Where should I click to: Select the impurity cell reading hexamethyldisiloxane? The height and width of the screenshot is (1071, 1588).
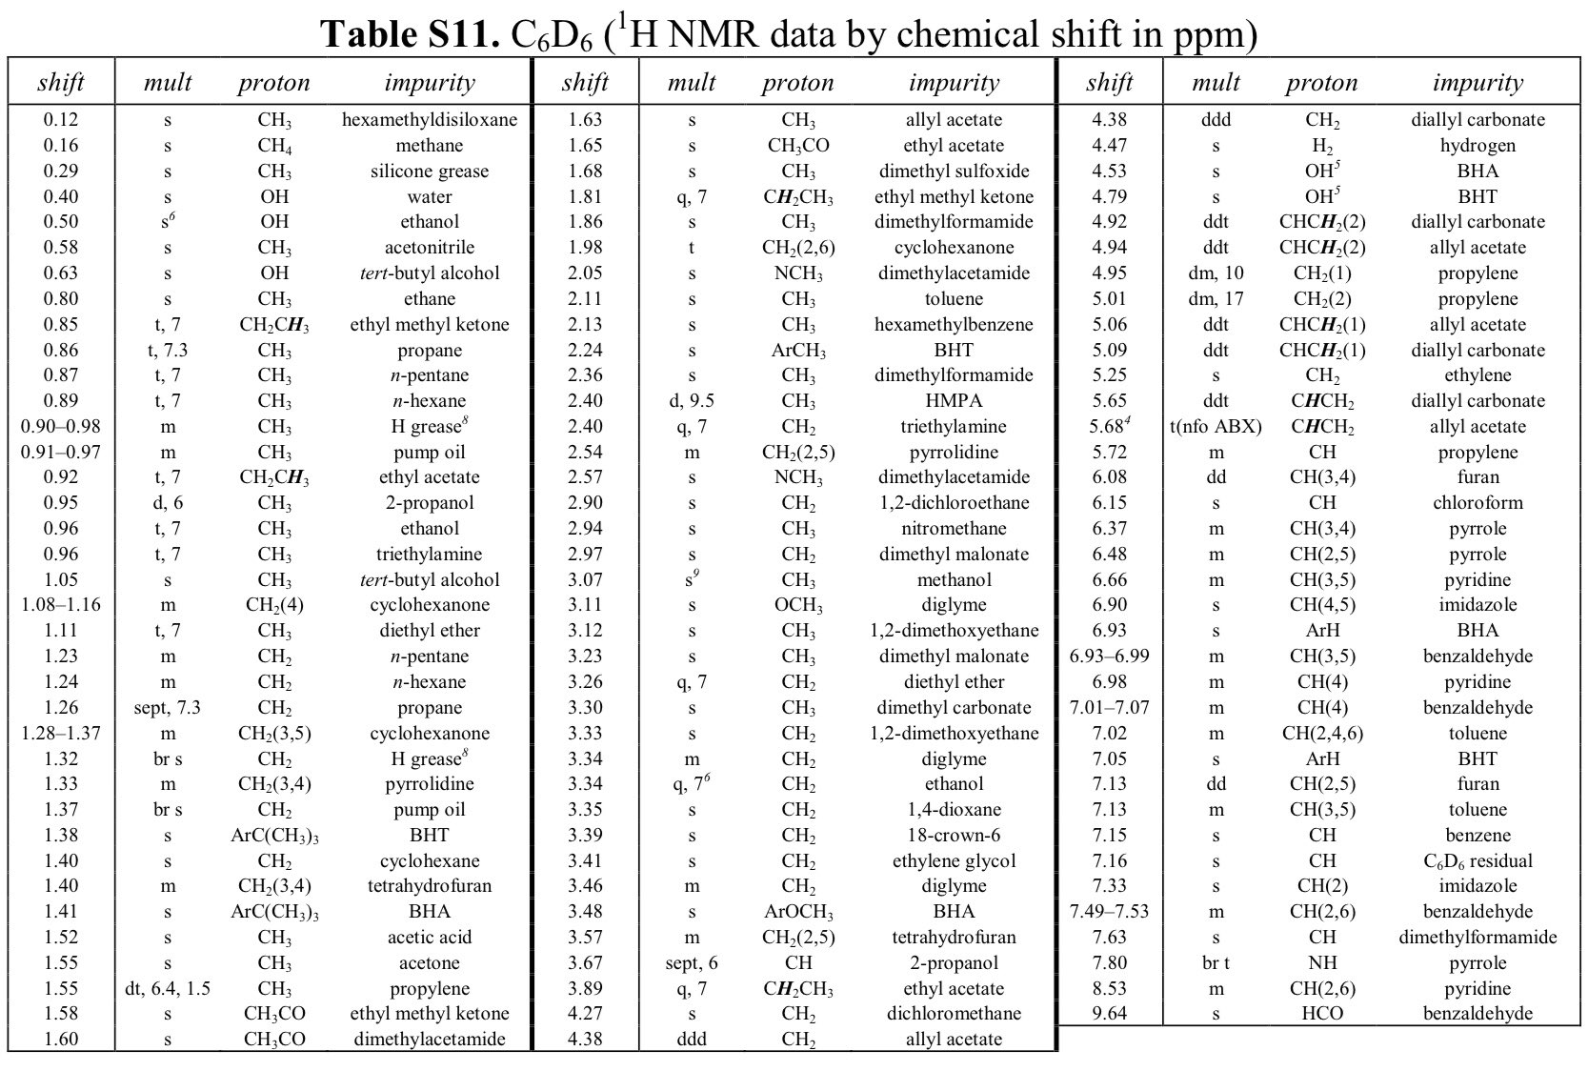click(430, 120)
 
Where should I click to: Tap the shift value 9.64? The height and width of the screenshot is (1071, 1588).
click(1109, 1014)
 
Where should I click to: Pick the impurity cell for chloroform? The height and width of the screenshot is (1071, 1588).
click(1477, 503)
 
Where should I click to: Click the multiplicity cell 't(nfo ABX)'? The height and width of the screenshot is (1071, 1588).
click(1216, 427)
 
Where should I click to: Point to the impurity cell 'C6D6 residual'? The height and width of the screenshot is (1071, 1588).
click(1477, 861)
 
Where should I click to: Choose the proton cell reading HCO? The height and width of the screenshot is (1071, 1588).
click(1322, 1014)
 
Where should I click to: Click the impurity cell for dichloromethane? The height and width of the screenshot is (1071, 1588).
click(954, 1014)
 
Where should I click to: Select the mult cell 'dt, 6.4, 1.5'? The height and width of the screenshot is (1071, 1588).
click(168, 988)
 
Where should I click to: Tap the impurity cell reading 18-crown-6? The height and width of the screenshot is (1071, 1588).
click(954, 836)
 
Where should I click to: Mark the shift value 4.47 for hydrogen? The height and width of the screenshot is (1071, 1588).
click(1109, 146)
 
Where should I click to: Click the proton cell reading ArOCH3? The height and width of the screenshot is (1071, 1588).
click(798, 912)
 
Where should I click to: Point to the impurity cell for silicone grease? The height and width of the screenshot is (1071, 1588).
click(430, 172)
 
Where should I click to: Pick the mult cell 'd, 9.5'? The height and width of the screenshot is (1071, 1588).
click(692, 401)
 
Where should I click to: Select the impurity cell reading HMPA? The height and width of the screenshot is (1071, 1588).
click(954, 401)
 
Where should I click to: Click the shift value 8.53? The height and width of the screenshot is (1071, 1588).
click(1109, 988)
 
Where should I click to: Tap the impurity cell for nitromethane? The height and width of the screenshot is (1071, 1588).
click(954, 529)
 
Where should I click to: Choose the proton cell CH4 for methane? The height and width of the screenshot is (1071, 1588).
click(274, 146)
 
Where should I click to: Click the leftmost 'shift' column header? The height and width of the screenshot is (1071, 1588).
click(61, 83)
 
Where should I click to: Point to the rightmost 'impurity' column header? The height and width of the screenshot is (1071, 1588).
click(1477, 83)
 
